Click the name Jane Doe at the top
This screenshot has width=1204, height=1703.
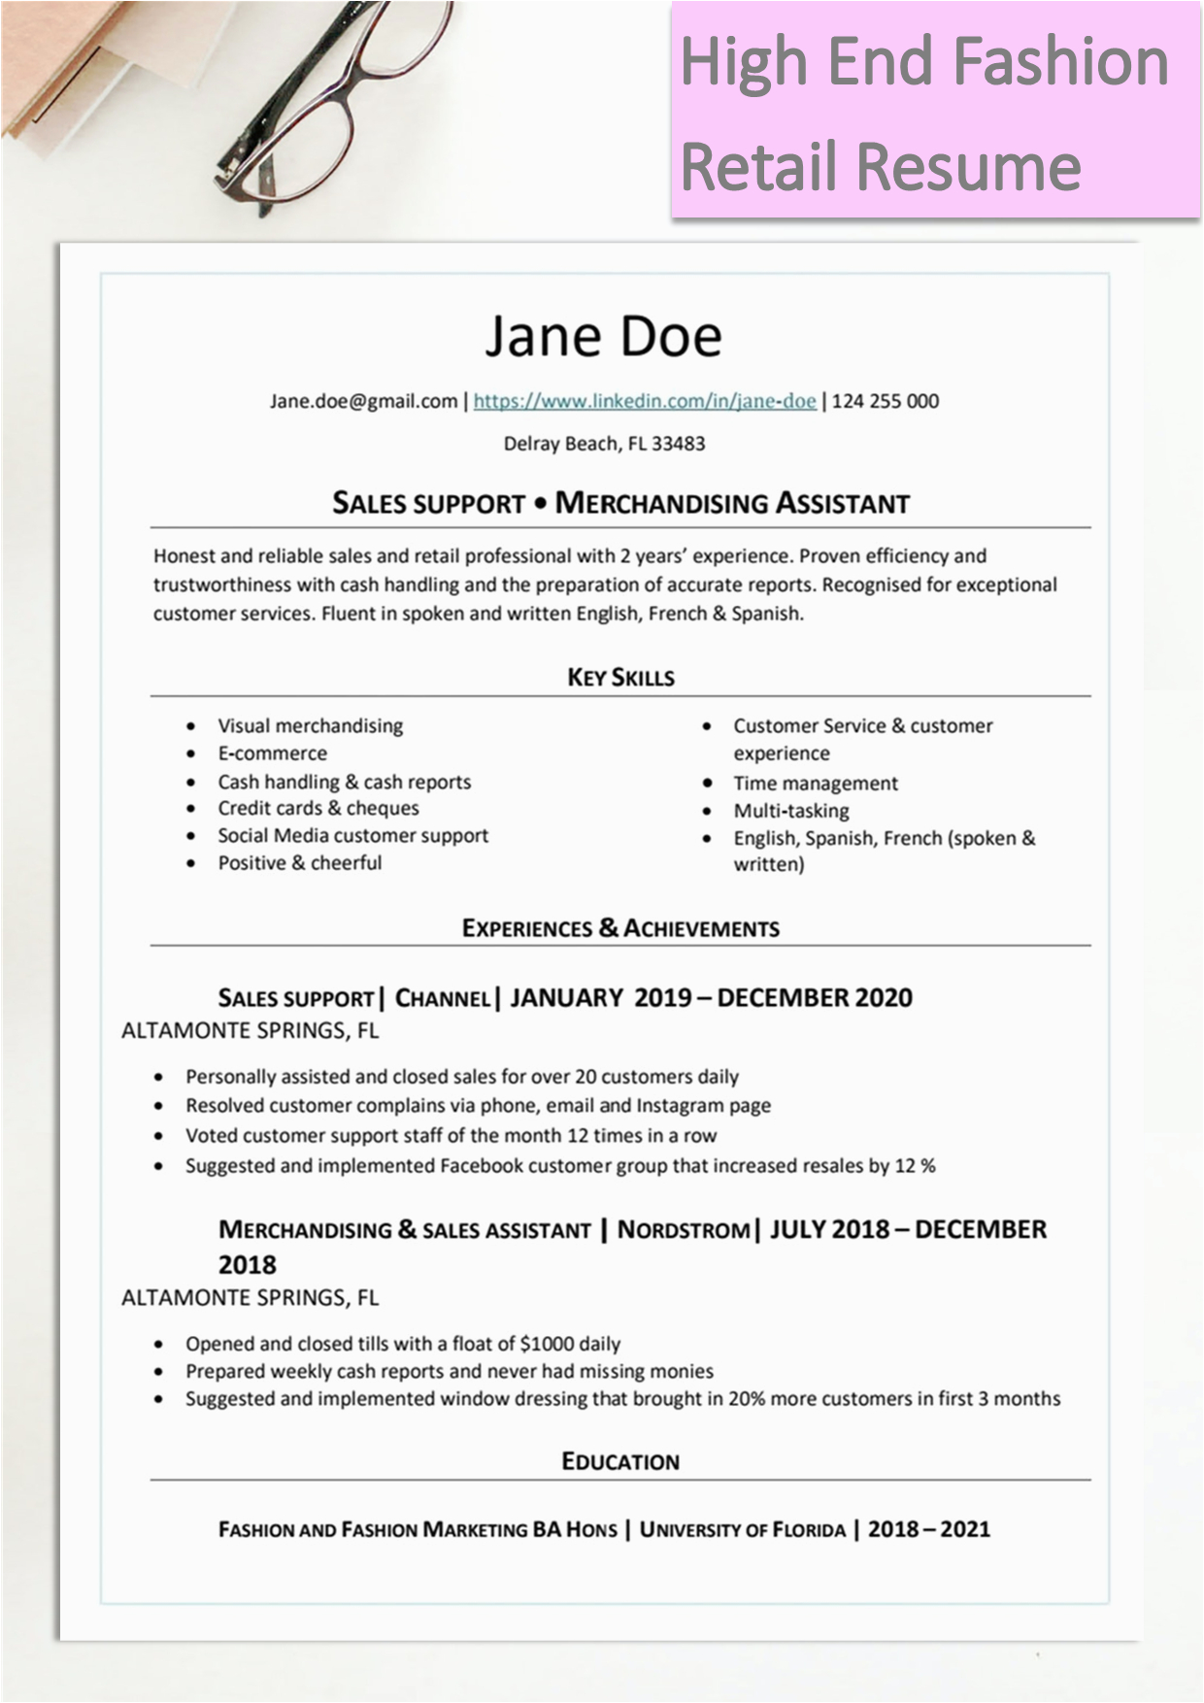603,336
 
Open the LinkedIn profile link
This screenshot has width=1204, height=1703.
645,401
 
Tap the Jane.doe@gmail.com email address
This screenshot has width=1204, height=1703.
363,401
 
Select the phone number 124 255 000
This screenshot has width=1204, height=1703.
885,401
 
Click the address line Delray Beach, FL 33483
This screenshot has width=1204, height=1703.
604,444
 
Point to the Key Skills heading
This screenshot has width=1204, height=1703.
620,678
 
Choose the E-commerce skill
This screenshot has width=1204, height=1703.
272,753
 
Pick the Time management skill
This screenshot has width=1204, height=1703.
816,784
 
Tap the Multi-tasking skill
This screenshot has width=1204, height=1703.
791,811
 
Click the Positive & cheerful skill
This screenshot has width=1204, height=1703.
299,863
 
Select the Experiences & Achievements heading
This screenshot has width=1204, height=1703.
620,928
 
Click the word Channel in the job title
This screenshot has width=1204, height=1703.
443,998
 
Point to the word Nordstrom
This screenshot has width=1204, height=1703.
684,1230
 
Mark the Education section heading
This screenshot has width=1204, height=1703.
620,1461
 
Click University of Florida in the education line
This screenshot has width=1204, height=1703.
743,1530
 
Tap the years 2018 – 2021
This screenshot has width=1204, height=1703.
928,1529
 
